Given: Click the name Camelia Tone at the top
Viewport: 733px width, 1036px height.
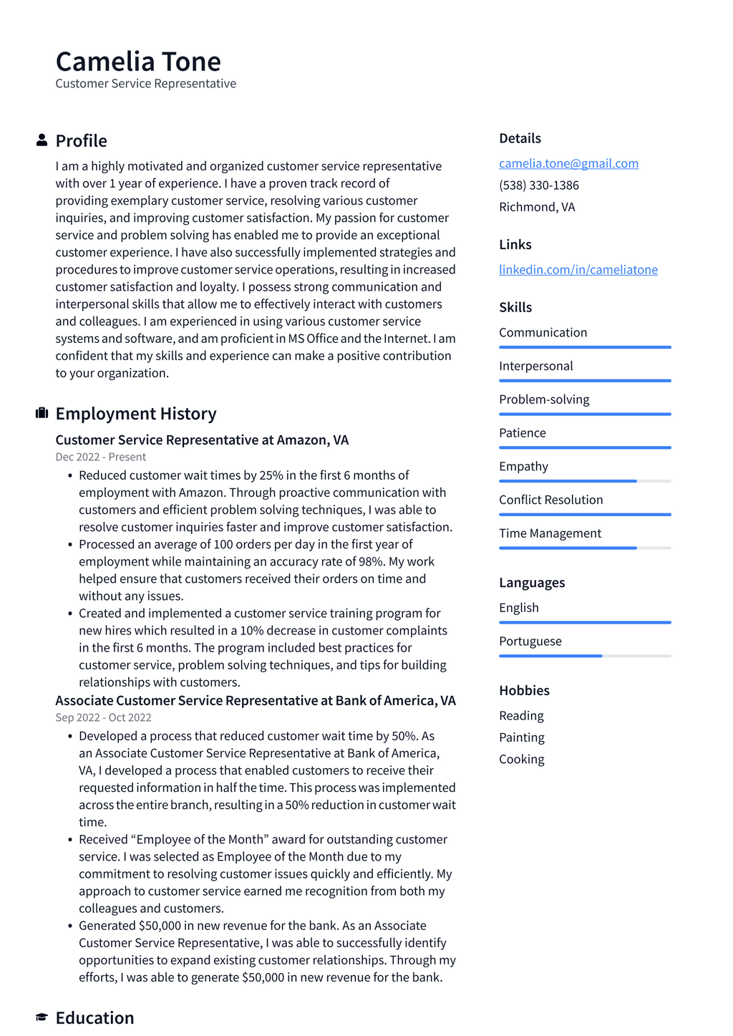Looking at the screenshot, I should pyautogui.click(x=138, y=62).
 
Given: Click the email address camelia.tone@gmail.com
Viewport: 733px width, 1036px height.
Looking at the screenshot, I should pyautogui.click(x=568, y=163).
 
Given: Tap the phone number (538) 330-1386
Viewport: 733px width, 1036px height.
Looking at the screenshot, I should pyautogui.click(x=538, y=185).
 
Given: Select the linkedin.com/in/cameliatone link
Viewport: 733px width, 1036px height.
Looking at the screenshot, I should pyautogui.click(x=578, y=269).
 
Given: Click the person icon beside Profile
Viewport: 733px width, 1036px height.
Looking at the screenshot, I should pyautogui.click(x=42, y=140).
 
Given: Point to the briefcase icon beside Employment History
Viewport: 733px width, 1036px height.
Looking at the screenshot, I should pyautogui.click(x=42, y=413).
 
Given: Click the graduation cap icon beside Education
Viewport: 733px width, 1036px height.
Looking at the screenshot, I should pyautogui.click(x=42, y=1017).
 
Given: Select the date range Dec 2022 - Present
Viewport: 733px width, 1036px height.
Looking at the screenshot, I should pyautogui.click(x=100, y=457).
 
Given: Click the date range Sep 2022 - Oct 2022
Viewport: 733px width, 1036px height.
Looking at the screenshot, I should pyautogui.click(x=103, y=717).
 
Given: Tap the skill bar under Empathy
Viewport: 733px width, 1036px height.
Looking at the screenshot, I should pyautogui.click(x=584, y=481).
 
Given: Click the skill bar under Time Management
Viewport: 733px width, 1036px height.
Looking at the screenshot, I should pyautogui.click(x=584, y=548).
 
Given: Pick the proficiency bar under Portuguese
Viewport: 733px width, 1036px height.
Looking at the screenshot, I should pyautogui.click(x=584, y=656).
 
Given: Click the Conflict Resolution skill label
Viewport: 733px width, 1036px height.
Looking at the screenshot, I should pyautogui.click(x=550, y=500).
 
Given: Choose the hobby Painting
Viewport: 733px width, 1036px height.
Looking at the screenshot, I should pyautogui.click(x=521, y=737).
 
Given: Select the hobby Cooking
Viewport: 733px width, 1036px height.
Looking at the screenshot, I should pyautogui.click(x=521, y=759).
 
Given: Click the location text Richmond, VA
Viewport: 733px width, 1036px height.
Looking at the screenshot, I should pyautogui.click(x=537, y=207).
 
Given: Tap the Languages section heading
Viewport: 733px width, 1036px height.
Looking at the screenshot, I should pyautogui.click(x=531, y=583).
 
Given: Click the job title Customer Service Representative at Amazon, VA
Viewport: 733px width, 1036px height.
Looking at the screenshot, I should pyautogui.click(x=202, y=440).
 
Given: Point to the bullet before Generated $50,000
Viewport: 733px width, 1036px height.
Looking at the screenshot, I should pyautogui.click(x=70, y=926).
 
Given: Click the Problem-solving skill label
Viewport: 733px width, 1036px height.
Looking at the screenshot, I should pyautogui.click(x=544, y=400).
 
